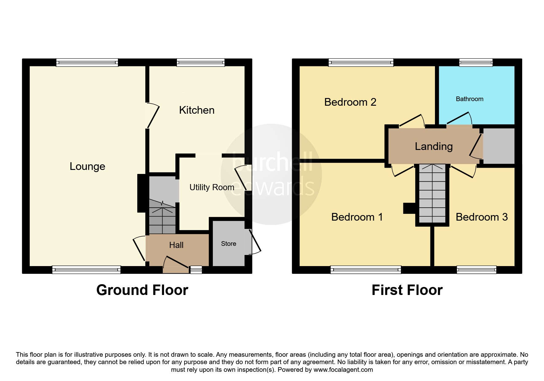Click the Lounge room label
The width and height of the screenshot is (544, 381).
click(x=87, y=166)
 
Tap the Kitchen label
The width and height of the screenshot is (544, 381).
click(x=197, y=110)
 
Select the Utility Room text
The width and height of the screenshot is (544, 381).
click(x=212, y=187)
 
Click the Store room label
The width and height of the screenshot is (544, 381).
click(x=229, y=244)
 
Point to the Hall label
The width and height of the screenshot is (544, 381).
click(x=176, y=245)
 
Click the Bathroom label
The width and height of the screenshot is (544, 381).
click(x=469, y=99)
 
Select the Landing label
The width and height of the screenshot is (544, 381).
click(x=434, y=146)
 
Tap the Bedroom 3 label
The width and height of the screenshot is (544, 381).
click(x=481, y=217)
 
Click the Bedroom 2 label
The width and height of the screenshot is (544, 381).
click(x=350, y=102)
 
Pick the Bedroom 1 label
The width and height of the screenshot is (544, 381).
click(x=357, y=217)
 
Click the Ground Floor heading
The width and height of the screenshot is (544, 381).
click(x=142, y=290)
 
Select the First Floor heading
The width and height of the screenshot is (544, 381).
click(x=407, y=290)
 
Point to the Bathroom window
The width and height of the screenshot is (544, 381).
click(x=476, y=63)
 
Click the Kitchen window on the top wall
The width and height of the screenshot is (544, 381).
click(x=201, y=63)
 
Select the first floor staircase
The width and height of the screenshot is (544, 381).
click(x=432, y=194)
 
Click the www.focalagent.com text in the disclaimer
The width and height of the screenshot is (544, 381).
click(x=343, y=370)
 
